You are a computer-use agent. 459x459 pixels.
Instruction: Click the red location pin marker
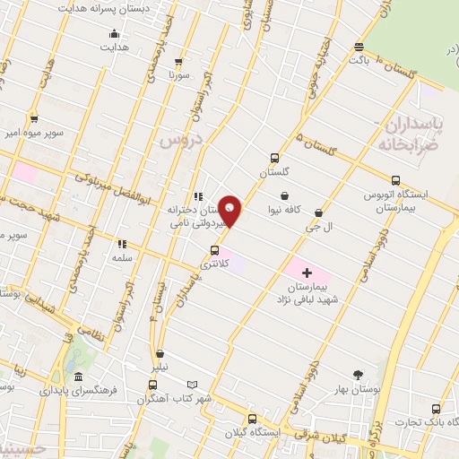pyautogui.click(x=231, y=209)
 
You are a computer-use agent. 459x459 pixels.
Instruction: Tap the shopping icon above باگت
pyautogui.click(x=359, y=48)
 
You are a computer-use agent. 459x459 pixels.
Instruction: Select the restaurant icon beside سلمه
pyautogui.click(x=123, y=243)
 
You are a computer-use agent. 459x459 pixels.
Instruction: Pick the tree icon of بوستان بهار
pyautogui.click(x=359, y=375)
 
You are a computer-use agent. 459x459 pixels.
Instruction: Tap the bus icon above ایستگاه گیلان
pyautogui.click(x=252, y=418)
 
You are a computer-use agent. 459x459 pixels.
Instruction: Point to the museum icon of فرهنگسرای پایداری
pyautogui.click(x=79, y=377)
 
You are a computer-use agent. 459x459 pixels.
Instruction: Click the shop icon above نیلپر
pyautogui.click(x=160, y=354)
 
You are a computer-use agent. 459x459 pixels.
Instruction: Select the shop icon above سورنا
pyautogui.click(x=178, y=62)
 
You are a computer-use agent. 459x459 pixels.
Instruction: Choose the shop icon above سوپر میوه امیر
pyautogui.click(x=34, y=118)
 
